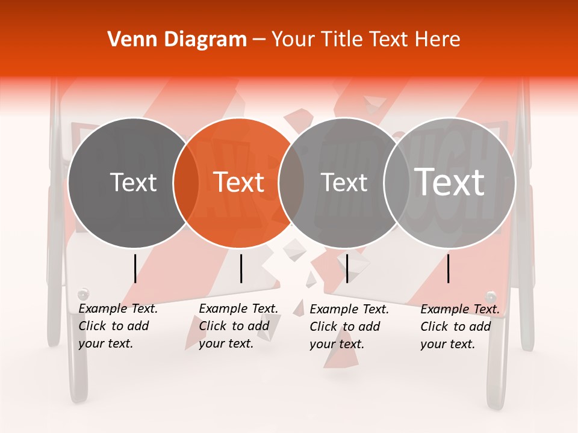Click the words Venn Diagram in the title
[177, 40]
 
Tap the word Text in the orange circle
[239, 182]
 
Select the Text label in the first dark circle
[133, 182]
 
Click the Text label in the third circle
[344, 182]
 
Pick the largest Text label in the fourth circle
[450, 182]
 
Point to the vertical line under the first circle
[135, 268]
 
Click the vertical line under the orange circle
[241, 268]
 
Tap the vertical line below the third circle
[347, 268]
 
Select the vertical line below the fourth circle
[449, 268]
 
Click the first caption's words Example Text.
[118, 309]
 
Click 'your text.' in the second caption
[226, 343]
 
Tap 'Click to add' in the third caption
[344, 327]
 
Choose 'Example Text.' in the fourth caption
[460, 309]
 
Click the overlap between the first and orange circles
[186, 182]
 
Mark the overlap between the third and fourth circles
[397, 182]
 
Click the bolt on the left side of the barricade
[83, 294]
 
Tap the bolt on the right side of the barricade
[491, 296]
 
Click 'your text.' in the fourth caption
[447, 344]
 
